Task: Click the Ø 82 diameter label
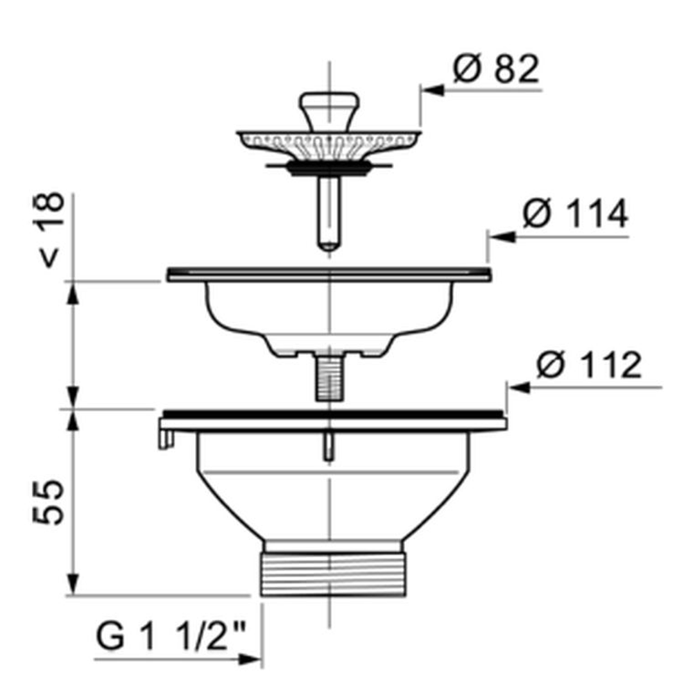496,69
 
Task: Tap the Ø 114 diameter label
575,213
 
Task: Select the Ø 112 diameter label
588,365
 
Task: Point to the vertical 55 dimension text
49,502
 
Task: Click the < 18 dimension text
49,230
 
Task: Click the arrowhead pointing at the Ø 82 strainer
432,90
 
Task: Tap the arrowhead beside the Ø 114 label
502,237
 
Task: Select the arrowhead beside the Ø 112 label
520,388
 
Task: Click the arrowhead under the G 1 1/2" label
250,660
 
